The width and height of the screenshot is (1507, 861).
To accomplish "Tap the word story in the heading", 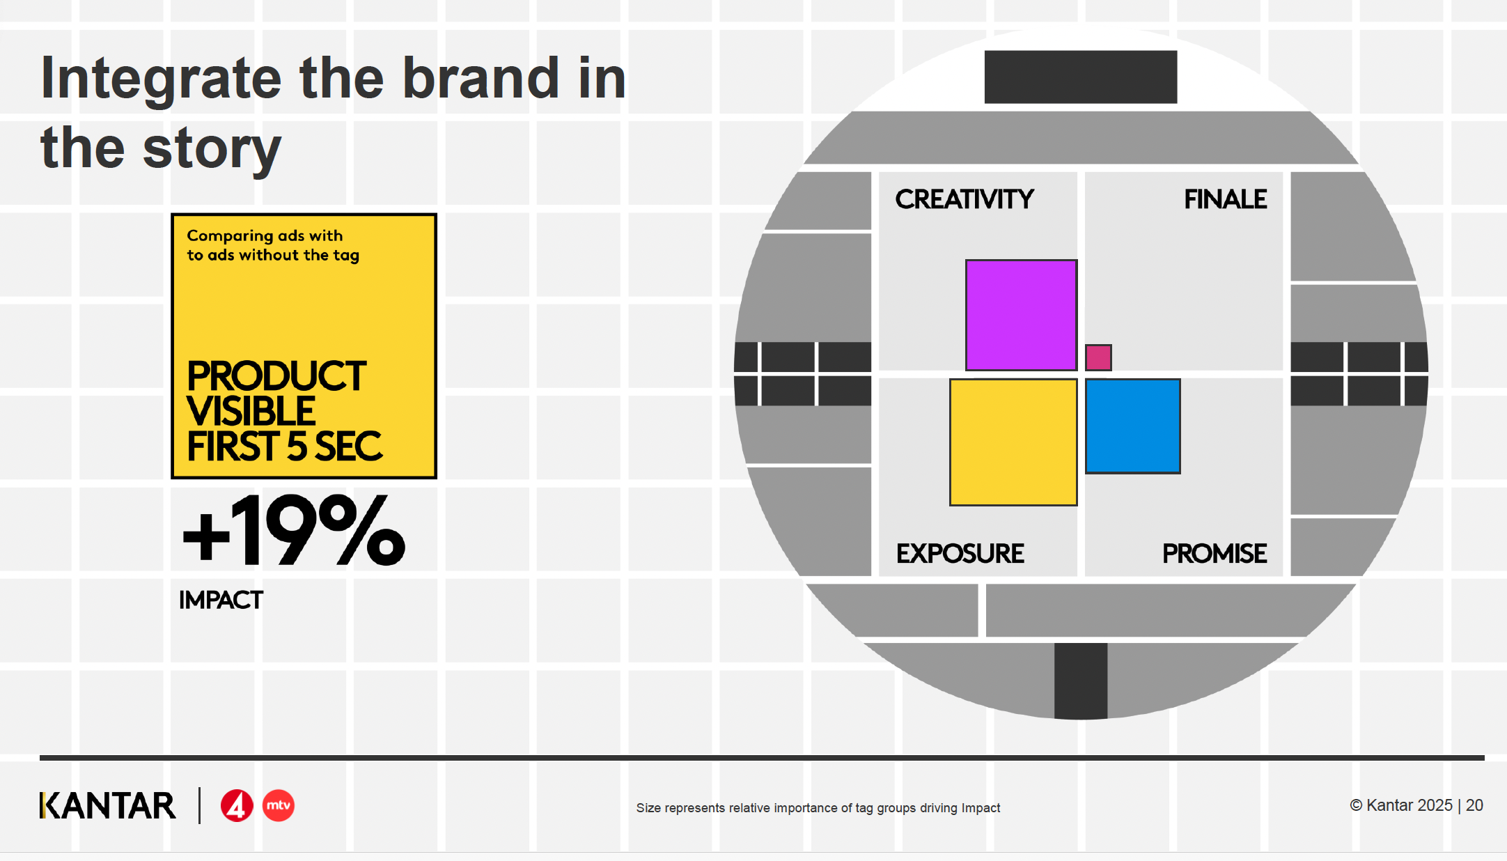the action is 212,150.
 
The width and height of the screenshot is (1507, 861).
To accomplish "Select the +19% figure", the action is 293,530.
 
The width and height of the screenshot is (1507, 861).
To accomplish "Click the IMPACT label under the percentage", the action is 221,600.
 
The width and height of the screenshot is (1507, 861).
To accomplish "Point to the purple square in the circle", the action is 1021,315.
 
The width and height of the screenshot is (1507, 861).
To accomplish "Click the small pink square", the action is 1098,357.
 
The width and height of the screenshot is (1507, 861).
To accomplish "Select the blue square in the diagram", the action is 1132,426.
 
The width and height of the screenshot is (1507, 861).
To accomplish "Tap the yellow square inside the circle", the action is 1013,442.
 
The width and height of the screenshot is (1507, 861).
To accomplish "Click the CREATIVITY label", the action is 965,199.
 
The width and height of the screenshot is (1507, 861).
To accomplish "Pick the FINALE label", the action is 1226,199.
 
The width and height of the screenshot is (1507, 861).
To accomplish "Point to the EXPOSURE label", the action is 960,553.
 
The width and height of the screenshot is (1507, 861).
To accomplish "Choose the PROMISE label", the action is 1215,553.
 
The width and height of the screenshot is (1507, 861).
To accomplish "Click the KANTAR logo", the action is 108,805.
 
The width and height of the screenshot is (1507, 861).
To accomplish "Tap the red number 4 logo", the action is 237,806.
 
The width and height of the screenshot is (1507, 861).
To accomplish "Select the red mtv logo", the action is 279,805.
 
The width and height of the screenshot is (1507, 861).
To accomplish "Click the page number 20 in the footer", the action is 1474,805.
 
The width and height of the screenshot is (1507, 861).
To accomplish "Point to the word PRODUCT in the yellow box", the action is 276,376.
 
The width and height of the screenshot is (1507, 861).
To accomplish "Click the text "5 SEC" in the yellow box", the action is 334,447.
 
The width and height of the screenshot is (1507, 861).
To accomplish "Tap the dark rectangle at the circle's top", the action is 1081,77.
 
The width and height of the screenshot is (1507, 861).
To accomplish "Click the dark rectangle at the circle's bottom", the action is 1081,681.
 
